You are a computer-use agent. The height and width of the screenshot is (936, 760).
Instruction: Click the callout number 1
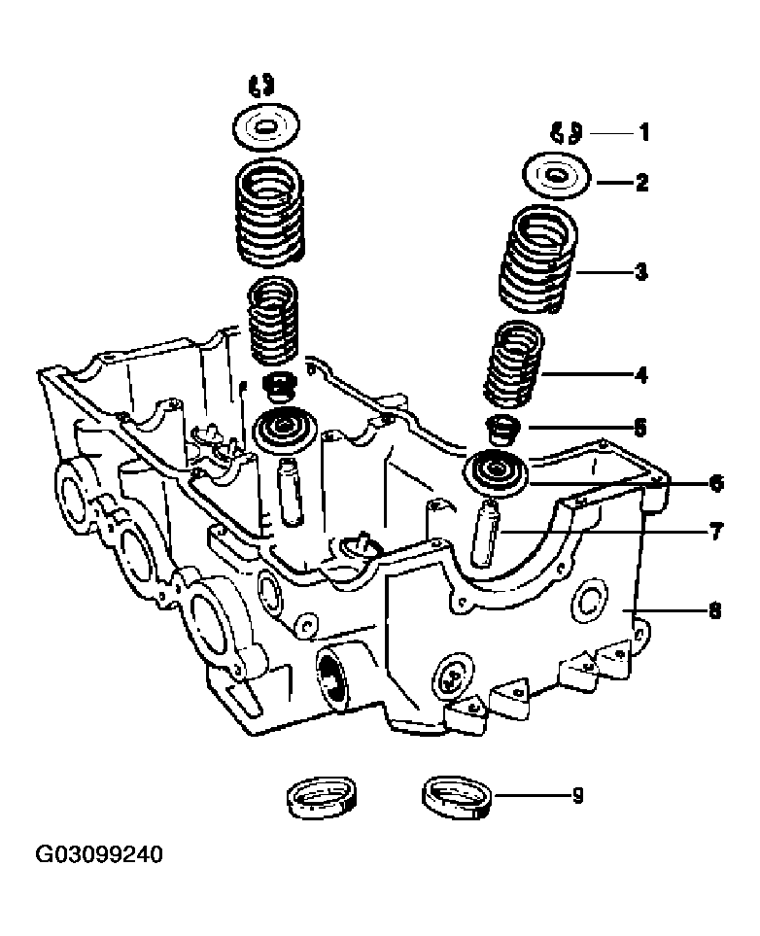[643, 132]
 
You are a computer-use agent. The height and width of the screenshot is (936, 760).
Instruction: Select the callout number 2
[642, 182]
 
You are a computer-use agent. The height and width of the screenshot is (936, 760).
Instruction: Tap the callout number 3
[641, 272]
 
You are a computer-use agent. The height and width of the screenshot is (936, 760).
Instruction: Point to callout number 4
[641, 375]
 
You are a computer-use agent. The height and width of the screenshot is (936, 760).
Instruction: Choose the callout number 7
[716, 531]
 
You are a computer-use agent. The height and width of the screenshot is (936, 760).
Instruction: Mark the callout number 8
[714, 610]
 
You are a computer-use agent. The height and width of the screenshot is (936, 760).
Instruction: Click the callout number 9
[577, 795]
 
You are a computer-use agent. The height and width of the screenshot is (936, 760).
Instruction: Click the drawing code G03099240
[99, 854]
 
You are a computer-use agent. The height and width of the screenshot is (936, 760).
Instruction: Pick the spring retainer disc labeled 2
[557, 178]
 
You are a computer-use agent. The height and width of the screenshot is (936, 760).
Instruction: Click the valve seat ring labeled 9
[458, 798]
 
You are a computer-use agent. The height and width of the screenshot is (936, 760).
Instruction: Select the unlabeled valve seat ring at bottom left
[321, 798]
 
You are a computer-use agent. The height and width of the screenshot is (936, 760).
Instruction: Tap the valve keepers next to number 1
[566, 132]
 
